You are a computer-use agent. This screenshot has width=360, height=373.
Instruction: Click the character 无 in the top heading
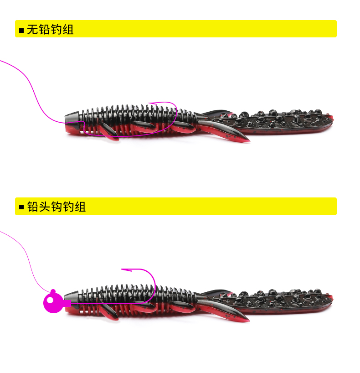[32, 30]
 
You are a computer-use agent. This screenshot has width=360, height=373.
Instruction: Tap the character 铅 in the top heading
[44, 30]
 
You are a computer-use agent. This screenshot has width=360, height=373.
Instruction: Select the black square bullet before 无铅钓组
[21, 31]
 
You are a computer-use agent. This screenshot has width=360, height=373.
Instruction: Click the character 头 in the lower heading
[45, 207]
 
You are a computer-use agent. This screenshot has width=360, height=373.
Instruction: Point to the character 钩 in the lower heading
[57, 207]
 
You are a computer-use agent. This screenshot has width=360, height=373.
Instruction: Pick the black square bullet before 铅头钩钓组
[21, 207]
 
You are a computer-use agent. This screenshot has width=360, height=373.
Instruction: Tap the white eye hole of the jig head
[50, 300]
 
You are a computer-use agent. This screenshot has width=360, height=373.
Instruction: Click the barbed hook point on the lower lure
[122, 269]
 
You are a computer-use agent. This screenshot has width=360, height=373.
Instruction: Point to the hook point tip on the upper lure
[149, 103]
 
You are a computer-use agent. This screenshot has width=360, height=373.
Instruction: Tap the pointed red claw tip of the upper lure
[249, 141]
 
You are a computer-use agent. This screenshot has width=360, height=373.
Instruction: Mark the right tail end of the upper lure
[333, 118]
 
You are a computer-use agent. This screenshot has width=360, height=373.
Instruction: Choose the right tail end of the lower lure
[332, 297]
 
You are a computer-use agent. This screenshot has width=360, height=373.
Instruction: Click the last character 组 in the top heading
[68, 30]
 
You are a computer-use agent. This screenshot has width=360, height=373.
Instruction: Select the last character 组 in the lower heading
[80, 207]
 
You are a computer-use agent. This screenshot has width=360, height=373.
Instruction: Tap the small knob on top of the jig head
[53, 291]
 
